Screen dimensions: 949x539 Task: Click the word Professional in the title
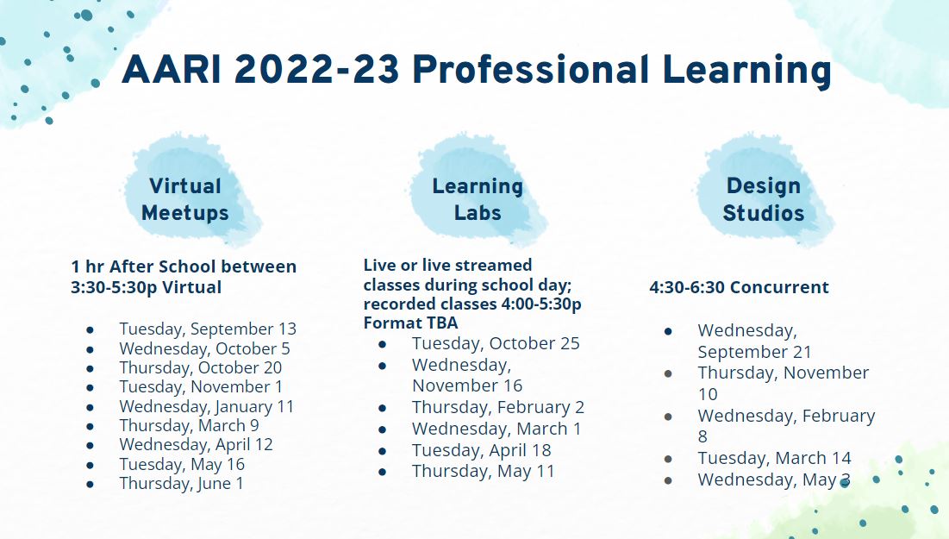click(531, 69)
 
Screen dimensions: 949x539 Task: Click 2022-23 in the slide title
click(316, 69)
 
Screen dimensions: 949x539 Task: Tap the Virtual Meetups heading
click(185, 199)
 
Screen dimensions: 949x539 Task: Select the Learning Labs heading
click(478, 199)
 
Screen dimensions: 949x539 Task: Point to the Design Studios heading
click(763, 199)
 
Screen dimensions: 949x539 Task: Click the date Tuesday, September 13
click(208, 329)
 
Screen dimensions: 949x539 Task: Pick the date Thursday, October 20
click(200, 367)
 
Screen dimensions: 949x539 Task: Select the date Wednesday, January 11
click(206, 406)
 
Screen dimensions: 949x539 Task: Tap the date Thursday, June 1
click(181, 483)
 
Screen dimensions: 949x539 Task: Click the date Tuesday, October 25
click(496, 343)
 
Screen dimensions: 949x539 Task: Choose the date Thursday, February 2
click(498, 407)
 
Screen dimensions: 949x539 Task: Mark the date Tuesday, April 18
click(481, 450)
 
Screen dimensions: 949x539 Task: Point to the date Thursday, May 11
click(483, 471)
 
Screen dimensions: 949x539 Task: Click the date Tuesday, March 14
click(774, 458)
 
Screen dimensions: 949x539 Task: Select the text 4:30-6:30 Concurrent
click(739, 287)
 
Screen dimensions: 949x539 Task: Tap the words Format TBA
click(410, 323)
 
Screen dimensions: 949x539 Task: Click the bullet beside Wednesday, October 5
click(91, 349)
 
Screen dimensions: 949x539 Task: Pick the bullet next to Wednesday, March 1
click(382, 429)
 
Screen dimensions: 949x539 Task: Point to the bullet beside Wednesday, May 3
click(668, 480)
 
